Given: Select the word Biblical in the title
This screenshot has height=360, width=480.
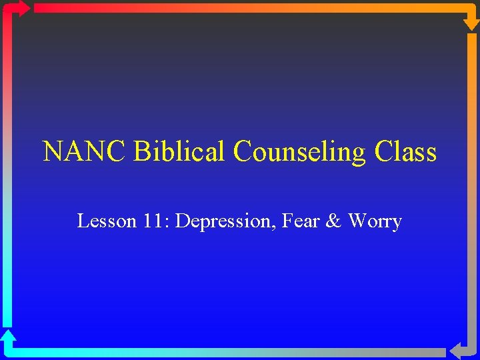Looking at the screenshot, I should point(180,152).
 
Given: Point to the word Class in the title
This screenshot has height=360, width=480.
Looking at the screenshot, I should point(405,152).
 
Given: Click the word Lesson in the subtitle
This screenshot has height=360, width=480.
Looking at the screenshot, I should point(107,221).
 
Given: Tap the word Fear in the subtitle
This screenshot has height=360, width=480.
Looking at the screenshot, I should point(300,221).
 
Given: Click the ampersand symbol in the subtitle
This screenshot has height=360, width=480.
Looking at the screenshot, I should point(333,221).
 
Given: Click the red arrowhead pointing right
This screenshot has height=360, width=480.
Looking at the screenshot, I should point(21,8).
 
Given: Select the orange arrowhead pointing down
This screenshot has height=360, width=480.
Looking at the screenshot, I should point(471,21).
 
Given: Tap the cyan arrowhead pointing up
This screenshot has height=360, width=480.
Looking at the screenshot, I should point(8,337).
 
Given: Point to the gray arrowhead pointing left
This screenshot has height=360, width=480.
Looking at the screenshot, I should point(459,351).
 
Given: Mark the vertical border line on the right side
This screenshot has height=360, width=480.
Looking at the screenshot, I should point(471,187).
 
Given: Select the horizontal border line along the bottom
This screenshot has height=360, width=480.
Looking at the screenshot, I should point(227,351).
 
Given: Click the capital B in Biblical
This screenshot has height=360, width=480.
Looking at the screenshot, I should point(141,152).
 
